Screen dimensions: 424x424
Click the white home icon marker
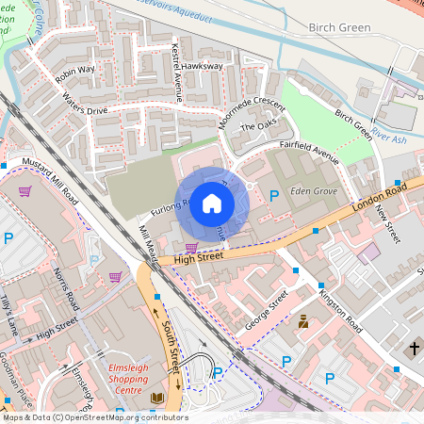pos(212,203)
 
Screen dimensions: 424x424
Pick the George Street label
pos(267,311)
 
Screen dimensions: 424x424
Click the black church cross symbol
pos(414,349)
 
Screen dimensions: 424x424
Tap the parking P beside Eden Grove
pos(273,196)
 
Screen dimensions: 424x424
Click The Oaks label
pos(255,126)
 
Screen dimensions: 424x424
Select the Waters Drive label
pos(86,103)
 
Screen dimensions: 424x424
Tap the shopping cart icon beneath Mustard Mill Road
pos(24,191)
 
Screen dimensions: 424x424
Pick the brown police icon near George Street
pos(303,323)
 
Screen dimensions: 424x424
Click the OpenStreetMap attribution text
pos(94,416)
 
